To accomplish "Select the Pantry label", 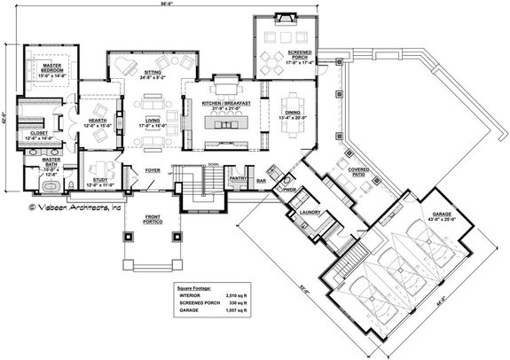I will pyautogui.click(x=237, y=177).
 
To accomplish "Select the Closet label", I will pyautogui.click(x=39, y=134).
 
